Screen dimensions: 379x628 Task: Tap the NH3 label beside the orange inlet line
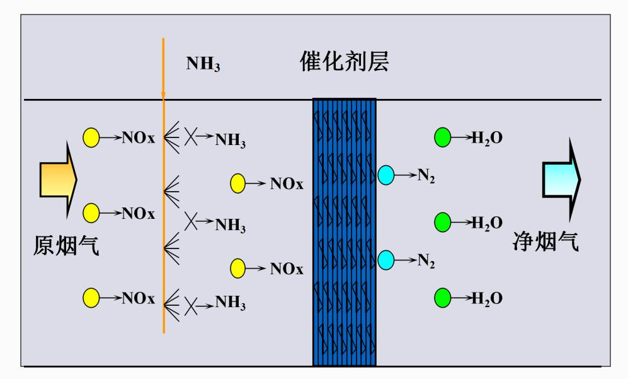point(203,64)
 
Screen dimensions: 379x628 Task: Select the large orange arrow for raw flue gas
point(58,179)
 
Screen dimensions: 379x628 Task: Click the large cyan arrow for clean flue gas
point(561,179)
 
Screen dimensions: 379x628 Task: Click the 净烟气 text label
point(545,242)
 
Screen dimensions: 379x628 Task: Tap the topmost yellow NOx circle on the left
point(91,137)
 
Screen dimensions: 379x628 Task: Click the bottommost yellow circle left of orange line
point(91,298)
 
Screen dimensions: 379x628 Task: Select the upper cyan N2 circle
point(385,175)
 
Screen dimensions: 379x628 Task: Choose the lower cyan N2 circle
point(385,259)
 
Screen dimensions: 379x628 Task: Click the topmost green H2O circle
point(443,137)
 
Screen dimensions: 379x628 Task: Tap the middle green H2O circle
point(443,222)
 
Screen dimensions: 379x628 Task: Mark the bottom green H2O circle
point(443,298)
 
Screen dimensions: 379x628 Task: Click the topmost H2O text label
point(487,138)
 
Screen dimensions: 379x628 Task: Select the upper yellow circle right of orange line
point(237,184)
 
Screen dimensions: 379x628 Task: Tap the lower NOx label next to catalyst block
point(287,269)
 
